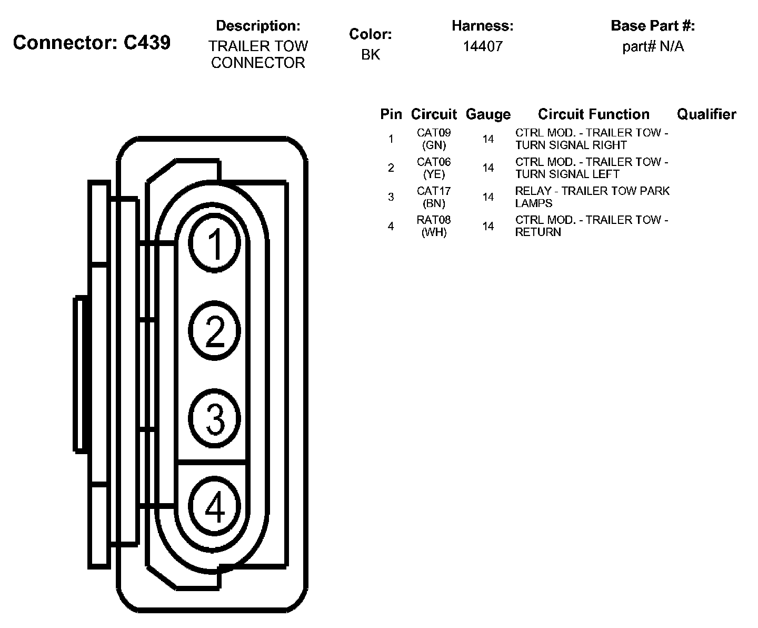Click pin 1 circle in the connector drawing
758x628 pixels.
pos(215,244)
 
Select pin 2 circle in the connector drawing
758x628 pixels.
pos(215,331)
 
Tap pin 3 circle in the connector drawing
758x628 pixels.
pos(215,419)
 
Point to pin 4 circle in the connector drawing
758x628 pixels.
pos(215,507)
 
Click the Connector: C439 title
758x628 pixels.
pos(92,43)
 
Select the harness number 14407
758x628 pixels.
pos(483,46)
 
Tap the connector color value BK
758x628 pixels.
pos(371,55)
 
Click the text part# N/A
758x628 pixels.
pos(653,46)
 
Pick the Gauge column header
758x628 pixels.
pos(488,114)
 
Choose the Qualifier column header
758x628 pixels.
pos(706,114)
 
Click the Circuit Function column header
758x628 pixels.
pos(593,114)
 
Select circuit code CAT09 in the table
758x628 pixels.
pos(434,133)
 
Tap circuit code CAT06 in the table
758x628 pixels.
pos(434,162)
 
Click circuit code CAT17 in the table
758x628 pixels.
pos(434,191)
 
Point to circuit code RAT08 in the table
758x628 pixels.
pos(434,220)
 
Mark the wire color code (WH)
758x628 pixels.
pos(434,232)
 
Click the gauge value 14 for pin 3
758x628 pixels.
pos(488,197)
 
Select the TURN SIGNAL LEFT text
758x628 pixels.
pos(567,174)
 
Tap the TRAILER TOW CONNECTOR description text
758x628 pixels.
pos(258,54)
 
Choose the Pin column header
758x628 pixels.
pos(391,114)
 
